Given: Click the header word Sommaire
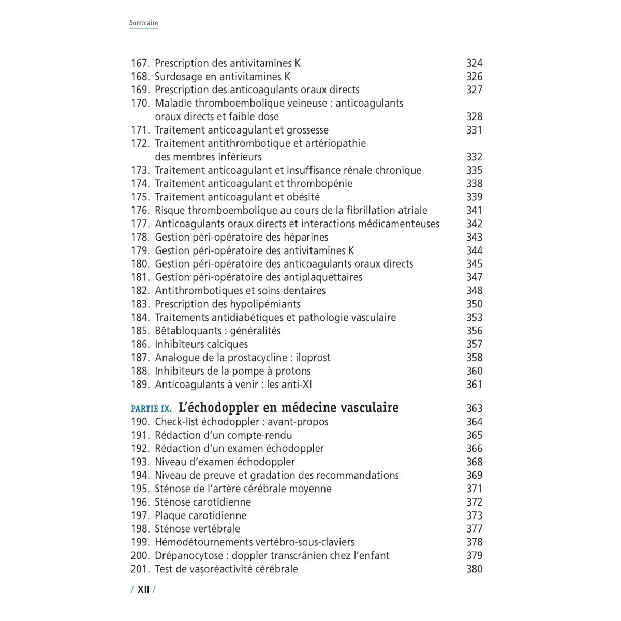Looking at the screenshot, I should (x=143, y=23).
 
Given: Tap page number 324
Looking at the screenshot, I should (x=474, y=63).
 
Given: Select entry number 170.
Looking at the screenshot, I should (x=140, y=103).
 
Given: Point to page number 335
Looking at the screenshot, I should (x=474, y=170).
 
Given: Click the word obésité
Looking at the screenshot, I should (x=302, y=197).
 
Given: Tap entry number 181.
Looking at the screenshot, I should (x=140, y=277).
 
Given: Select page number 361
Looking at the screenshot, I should (x=474, y=385).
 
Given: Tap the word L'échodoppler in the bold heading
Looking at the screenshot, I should (x=215, y=407).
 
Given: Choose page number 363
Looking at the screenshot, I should (x=474, y=408).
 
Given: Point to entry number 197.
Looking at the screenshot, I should (x=140, y=515).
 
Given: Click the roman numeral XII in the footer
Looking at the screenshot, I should (x=143, y=589).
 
